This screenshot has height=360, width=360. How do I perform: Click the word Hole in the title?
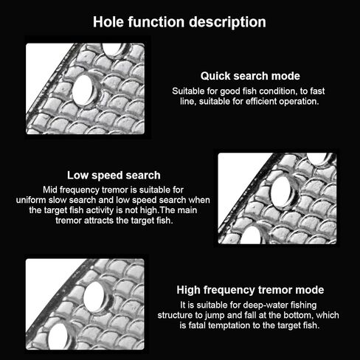pyautogui.click(x=109, y=22)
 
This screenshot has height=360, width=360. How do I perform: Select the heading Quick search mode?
pyautogui.click(x=250, y=76)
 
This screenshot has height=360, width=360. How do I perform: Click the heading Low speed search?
pyautogui.click(x=114, y=176)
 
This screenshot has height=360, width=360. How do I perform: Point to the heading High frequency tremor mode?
pyautogui.click(x=250, y=290)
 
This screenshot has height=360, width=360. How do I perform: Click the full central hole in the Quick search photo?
pyautogui.click(x=83, y=90)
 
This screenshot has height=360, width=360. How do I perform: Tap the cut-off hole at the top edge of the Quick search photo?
pyautogui.click(x=112, y=49)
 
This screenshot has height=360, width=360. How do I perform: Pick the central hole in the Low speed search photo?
pyautogui.click(x=282, y=192)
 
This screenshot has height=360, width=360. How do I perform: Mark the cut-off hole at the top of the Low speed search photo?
pyautogui.click(x=316, y=159)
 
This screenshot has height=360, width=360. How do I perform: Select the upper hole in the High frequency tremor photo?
pyautogui.click(x=94, y=297)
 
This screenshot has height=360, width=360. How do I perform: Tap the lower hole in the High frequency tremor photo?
pyautogui.click(x=59, y=336)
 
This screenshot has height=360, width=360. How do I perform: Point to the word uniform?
pyautogui.click(x=31, y=200)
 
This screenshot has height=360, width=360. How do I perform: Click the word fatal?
pyautogui.click(x=197, y=325)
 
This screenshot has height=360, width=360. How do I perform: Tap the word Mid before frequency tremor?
pyautogui.click(x=50, y=190)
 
